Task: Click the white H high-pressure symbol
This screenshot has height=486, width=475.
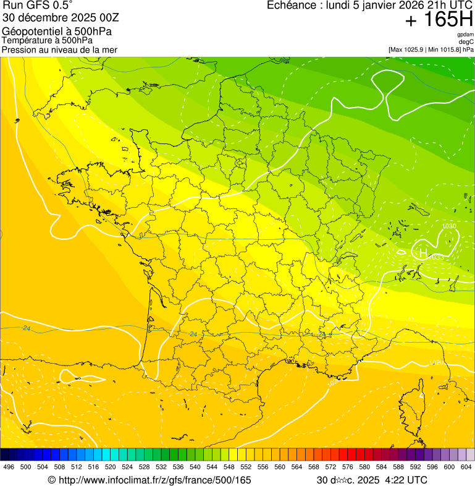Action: pos(423,252)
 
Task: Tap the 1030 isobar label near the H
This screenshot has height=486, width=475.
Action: pos(449,227)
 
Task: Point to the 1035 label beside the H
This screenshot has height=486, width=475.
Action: pos(437,257)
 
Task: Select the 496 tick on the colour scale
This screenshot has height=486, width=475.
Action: pos(9,467)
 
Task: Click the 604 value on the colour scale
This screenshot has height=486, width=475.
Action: pos(466,467)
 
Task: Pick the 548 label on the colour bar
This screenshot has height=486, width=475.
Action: pos(229,467)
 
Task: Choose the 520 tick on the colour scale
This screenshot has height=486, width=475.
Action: pos(110,467)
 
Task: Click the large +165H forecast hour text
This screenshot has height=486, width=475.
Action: pos(439,20)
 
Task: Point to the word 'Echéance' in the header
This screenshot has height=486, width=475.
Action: pos(290,6)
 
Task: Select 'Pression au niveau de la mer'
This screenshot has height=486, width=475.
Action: pos(59,49)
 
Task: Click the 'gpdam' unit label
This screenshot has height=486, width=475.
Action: pos(465,35)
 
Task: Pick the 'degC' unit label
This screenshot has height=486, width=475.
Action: pos(466,42)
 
